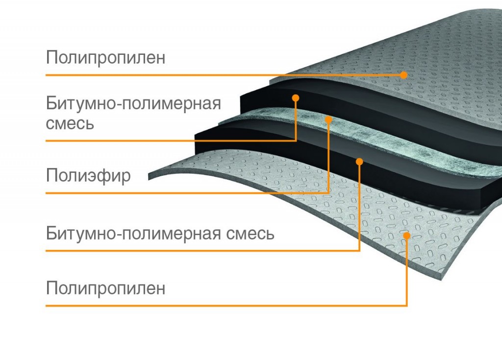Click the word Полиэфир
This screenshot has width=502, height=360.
pos(88,175)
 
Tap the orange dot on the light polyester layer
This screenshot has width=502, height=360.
pos(328,119)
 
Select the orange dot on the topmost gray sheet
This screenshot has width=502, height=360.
pos(403,75)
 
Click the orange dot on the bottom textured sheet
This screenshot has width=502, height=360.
pos(406,236)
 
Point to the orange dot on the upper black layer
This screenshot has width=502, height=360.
pos(296,98)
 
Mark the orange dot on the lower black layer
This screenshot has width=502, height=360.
pos(359,161)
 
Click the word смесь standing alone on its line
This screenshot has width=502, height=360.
pos(70,123)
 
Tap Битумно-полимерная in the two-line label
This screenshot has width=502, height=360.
pos(133,104)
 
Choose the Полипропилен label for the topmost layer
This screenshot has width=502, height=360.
pos(105,58)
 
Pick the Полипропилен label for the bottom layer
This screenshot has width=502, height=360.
pos(105,288)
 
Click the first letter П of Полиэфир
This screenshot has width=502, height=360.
pos(51,175)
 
